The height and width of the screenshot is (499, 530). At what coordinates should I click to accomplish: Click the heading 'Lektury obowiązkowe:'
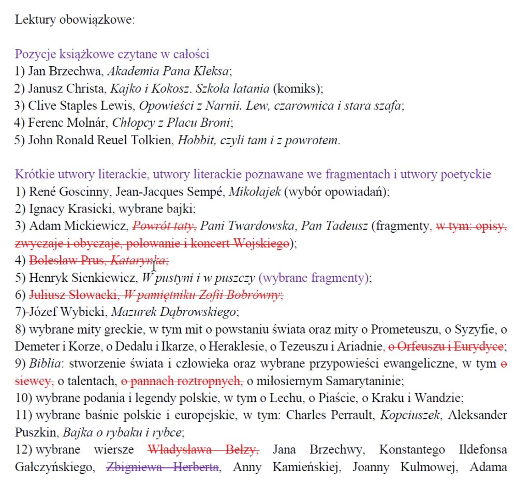pos(75,20)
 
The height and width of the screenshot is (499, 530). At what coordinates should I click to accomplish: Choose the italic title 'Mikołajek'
pos(255,191)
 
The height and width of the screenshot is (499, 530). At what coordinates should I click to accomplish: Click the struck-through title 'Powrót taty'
pos(164,226)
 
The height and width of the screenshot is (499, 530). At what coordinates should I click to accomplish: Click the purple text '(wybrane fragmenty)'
pos(315,278)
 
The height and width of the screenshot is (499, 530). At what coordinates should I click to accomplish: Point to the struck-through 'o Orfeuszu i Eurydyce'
pos(446,346)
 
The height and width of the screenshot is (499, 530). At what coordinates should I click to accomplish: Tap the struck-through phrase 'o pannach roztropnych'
pos(182,381)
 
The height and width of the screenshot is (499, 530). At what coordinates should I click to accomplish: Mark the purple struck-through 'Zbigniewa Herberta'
pos(163,467)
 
